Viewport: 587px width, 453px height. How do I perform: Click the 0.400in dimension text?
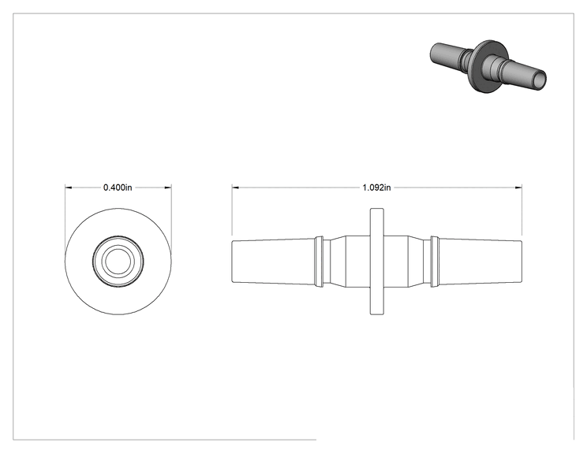pos(118,188)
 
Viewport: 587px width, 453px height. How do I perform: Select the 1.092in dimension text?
pos(376,188)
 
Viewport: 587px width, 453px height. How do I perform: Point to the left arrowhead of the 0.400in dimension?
pos(68,188)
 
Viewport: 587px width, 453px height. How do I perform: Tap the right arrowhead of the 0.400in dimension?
pos(169,188)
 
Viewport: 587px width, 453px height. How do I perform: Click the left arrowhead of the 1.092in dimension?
pos(235,188)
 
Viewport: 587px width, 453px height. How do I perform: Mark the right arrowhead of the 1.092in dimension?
pos(518,188)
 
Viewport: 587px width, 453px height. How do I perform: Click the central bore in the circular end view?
pos(118,262)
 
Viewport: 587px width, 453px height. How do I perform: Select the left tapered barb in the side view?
pos(273,262)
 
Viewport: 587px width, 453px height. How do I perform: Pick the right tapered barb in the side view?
pos(480,262)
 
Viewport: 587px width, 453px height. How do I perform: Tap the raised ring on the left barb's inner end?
pos(319,262)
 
